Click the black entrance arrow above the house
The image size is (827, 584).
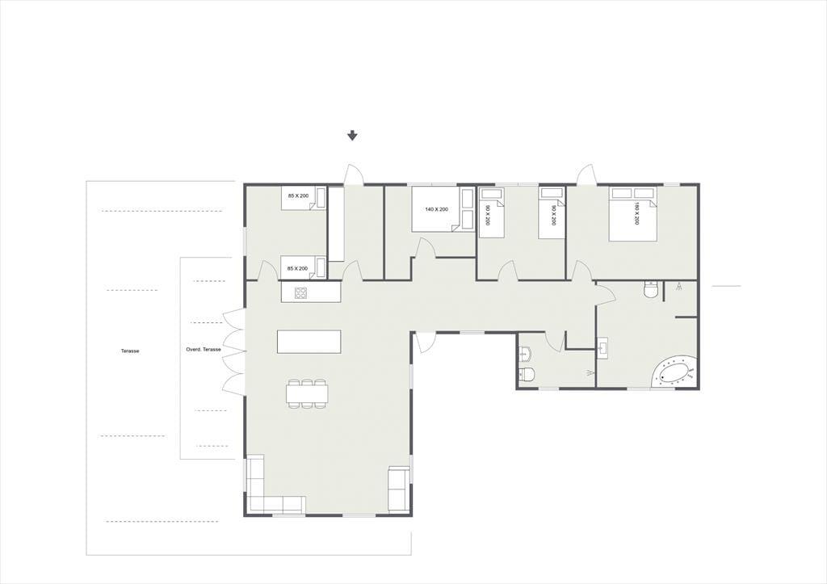point(352,136)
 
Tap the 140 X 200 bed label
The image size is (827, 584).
point(437,209)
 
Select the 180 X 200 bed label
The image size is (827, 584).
point(636,214)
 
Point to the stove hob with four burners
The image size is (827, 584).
point(301,292)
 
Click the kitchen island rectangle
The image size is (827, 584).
point(309,342)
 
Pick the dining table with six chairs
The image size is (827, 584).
point(308,393)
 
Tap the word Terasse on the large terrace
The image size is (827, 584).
point(130,351)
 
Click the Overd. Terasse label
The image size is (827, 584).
point(203,349)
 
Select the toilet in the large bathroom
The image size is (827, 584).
point(651,290)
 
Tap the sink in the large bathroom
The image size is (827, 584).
point(603,347)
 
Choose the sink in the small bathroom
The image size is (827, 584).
point(525,352)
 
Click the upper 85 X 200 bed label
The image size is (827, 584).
point(297,195)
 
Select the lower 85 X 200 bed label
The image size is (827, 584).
point(297,268)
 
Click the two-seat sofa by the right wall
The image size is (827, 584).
point(399,489)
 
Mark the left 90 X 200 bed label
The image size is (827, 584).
point(487,215)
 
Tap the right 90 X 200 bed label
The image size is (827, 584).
point(553,215)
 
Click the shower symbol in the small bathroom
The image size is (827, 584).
point(588,373)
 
